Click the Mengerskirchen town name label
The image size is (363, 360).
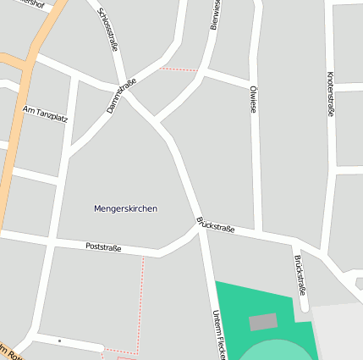pyautogui.click(x=125, y=208)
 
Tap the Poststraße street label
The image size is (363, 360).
pyautogui.click(x=103, y=247)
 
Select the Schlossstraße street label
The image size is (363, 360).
pyautogui.click(x=107, y=30)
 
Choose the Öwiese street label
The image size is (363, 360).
pyautogui.click(x=253, y=99)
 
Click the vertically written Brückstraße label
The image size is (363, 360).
pyautogui.click(x=299, y=275)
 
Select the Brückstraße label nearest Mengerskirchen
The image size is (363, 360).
pyautogui.click(x=215, y=224)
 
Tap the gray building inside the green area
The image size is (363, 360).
pyautogui.click(x=262, y=322)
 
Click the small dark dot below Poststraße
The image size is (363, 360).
pyautogui.click(x=59, y=341)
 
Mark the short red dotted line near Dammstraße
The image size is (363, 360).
pyautogui.click(x=179, y=69)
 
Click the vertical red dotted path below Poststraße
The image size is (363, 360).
pyautogui.click(x=140, y=301)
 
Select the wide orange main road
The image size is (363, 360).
pyautogui.click(x=19, y=127)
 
